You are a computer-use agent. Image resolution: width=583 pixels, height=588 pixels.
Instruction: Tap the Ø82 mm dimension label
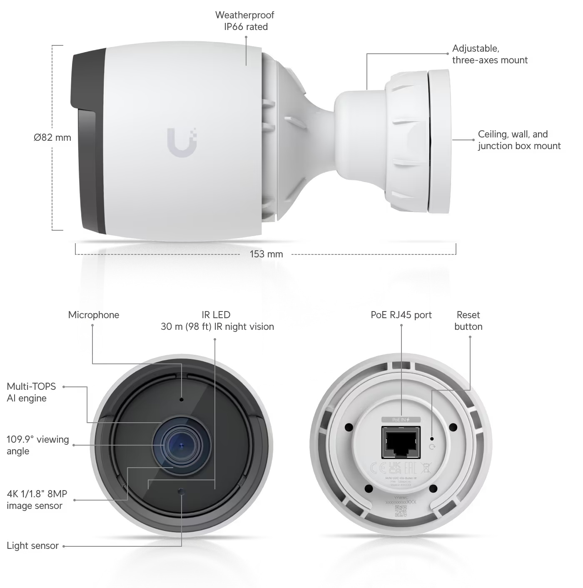pos(52,137)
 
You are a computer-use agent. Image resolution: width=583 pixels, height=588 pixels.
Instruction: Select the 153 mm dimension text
pos(266,254)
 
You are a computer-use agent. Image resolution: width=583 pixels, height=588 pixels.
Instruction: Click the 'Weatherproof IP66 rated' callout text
pos(245,21)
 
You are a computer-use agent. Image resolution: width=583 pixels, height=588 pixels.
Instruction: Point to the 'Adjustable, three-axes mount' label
pos(490,54)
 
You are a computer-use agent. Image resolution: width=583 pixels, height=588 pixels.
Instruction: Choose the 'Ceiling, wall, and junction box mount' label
pos(519,140)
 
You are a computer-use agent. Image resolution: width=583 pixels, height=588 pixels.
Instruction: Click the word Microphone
pos(94,315)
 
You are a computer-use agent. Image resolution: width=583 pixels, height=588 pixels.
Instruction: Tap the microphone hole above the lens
pos(182,400)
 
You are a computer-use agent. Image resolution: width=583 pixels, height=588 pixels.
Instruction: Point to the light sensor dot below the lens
pos(181,491)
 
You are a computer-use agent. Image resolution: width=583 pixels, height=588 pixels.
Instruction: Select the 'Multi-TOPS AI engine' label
pos(31,392)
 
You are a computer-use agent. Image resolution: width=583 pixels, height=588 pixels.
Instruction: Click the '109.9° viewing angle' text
pos(37,445)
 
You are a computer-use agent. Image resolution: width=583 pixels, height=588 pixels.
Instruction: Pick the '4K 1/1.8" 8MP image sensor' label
pos(37,500)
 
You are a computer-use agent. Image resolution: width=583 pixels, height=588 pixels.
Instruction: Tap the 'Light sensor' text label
pos(32,546)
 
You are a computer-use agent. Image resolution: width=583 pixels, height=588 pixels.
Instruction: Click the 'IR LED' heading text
pos(216,315)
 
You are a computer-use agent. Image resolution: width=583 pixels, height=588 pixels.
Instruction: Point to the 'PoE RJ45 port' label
pos(401,315)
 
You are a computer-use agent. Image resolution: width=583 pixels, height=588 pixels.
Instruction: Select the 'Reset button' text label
pos(468,321)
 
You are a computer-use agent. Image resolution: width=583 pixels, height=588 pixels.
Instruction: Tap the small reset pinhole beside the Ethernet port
pos(432,439)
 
